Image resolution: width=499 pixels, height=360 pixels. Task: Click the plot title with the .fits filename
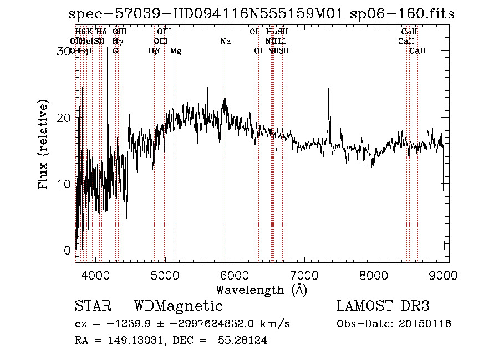pyautogui.click(x=260, y=14)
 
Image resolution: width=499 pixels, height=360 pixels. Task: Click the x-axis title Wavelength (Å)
pyautogui.click(x=261, y=290)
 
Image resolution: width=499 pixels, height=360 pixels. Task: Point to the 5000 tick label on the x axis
pyautogui.click(x=164, y=275)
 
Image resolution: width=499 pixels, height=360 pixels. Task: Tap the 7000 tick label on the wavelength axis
pyautogui.click(x=304, y=275)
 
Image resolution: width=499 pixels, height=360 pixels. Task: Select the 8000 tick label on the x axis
pyautogui.click(x=373, y=275)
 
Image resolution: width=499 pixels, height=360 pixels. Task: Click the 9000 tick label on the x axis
pyautogui.click(x=443, y=275)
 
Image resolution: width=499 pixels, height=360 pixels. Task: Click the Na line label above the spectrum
pyautogui.click(x=225, y=42)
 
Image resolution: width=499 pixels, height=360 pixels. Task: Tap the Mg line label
pyautogui.click(x=176, y=51)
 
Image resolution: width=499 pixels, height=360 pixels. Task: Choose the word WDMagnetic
pyautogui.click(x=179, y=306)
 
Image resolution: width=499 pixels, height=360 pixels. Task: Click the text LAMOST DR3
pyautogui.click(x=383, y=306)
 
